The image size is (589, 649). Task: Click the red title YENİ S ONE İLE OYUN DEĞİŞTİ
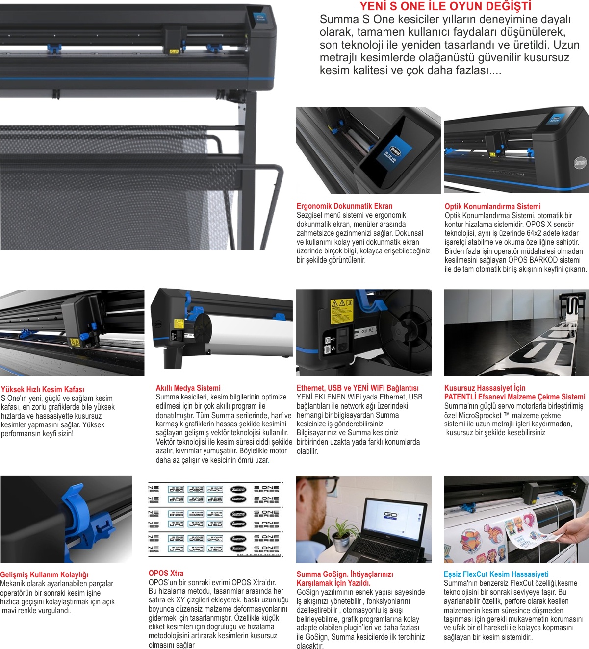[445, 6]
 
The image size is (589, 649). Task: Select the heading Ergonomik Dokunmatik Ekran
[345, 206]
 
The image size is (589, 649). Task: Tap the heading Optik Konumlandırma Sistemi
[492, 206]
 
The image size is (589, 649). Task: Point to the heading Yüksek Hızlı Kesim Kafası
[42, 389]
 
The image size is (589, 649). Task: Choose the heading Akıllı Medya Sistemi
[188, 388]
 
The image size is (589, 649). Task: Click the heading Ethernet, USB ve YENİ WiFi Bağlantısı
[358, 388]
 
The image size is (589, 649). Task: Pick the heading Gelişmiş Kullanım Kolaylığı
[44, 575]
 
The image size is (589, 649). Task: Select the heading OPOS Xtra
[166, 574]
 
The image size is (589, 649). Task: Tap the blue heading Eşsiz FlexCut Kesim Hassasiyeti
[496, 574]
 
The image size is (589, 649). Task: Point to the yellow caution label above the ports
[342, 311]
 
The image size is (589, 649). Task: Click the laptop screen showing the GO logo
[396, 519]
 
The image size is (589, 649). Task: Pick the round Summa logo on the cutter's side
[580, 163]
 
